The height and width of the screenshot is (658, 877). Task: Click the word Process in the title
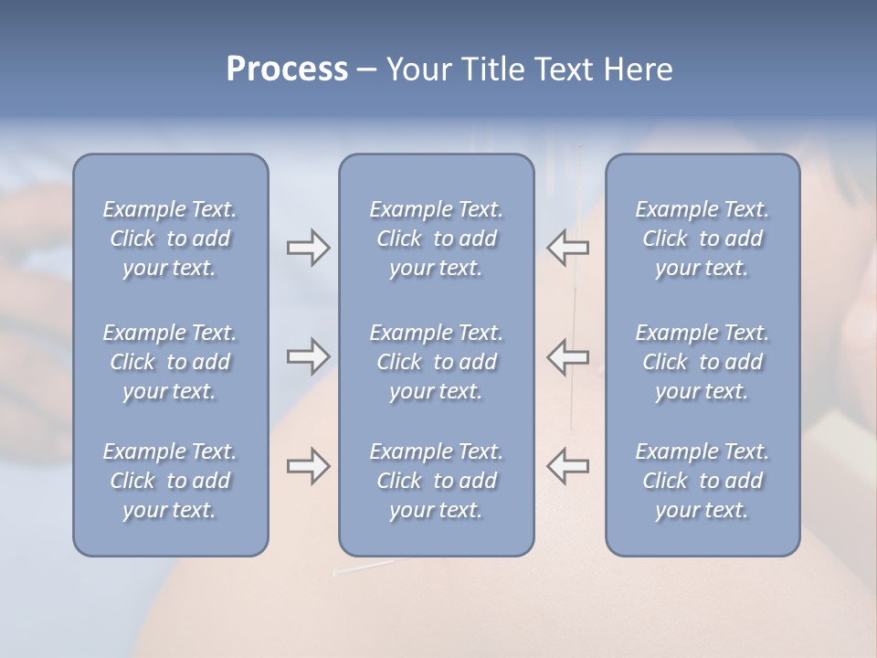(287, 69)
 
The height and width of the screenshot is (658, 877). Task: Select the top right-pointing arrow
(308, 247)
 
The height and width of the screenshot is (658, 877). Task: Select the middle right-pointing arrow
(308, 356)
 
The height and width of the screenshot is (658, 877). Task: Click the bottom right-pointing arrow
(308, 466)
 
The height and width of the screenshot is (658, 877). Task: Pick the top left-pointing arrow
(567, 247)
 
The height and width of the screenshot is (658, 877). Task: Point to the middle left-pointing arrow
(567, 356)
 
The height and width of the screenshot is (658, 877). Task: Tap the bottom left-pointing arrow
(567, 466)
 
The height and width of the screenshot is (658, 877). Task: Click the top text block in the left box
(170, 239)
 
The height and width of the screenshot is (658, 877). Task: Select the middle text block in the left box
(170, 362)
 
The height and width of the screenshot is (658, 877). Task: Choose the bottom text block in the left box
(170, 481)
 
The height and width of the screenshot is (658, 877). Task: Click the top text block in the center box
(436, 239)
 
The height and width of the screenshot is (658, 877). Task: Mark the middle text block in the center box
(436, 362)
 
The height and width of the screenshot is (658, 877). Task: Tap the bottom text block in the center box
(436, 481)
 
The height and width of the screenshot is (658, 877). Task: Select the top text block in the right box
(702, 239)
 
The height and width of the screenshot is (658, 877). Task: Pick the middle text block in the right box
(702, 362)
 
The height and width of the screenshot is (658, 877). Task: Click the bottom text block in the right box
(702, 481)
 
